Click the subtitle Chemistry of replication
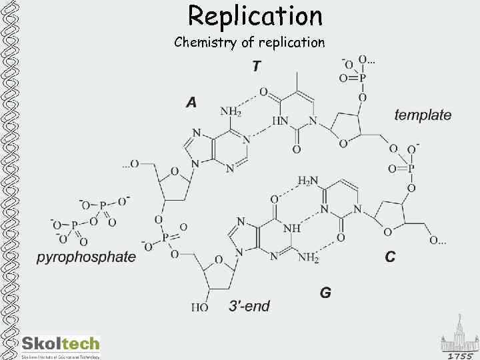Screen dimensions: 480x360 coord(249,43)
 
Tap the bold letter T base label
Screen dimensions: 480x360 coord(257,66)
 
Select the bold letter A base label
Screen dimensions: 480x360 coord(191,102)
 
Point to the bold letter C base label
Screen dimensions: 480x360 coord(390,257)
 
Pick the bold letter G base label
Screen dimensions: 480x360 coord(325,292)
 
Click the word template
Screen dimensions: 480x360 coord(423,115)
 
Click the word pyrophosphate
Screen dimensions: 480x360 coord(86,257)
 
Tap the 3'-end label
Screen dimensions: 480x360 coord(249,306)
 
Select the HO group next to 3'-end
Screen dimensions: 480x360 coord(199,307)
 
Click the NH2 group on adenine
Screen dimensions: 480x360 coord(231,112)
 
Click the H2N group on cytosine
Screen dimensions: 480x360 coord(307,181)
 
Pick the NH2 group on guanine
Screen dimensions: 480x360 coord(308,258)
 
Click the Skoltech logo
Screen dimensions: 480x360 coord(60,345)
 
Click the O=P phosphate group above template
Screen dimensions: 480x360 coord(353,77)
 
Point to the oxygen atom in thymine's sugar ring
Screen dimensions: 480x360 coord(343,142)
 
